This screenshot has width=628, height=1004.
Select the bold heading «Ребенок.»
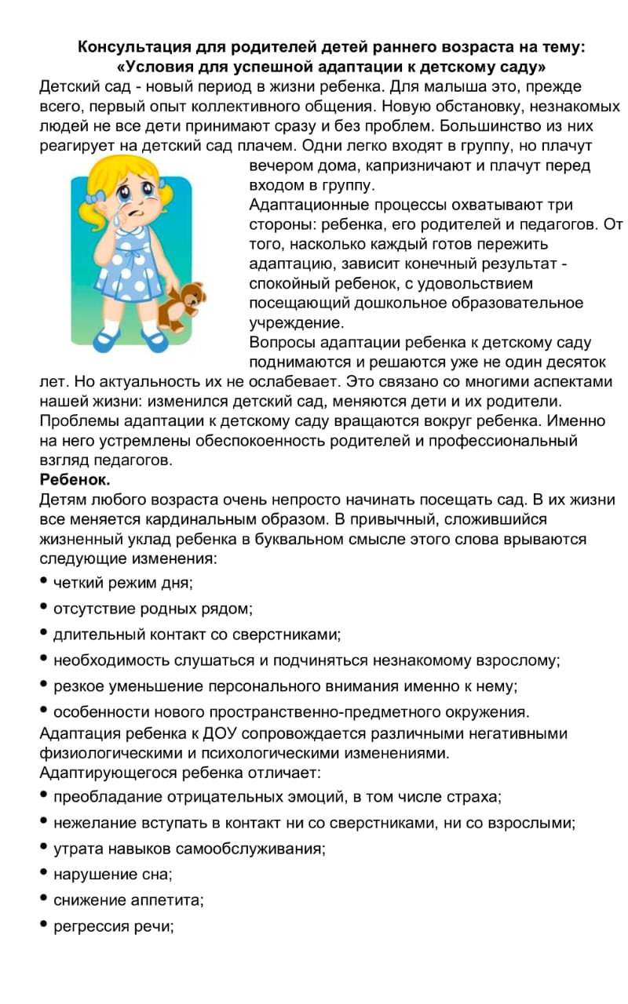coord(75,479)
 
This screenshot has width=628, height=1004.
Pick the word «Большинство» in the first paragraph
coord(485,126)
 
